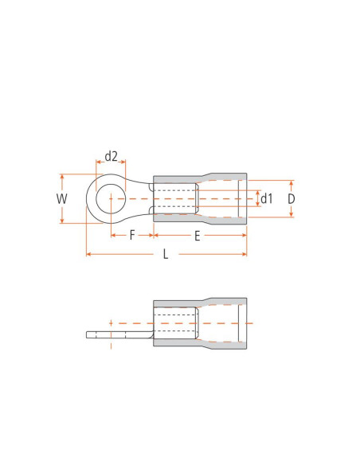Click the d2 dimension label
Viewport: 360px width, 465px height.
[x=111, y=156]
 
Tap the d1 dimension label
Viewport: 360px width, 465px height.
[x=267, y=198]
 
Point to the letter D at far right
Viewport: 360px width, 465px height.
[x=292, y=198]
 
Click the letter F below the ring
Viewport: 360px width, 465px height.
[x=132, y=235]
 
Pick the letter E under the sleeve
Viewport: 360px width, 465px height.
[x=197, y=235]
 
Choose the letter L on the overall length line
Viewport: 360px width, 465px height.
[x=166, y=255]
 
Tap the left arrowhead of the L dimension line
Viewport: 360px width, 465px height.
[x=88, y=254]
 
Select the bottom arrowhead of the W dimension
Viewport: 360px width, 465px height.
[x=62, y=221]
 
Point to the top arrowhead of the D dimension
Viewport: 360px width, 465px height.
[x=292, y=182]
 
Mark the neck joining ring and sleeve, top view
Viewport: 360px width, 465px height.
[x=144, y=198]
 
